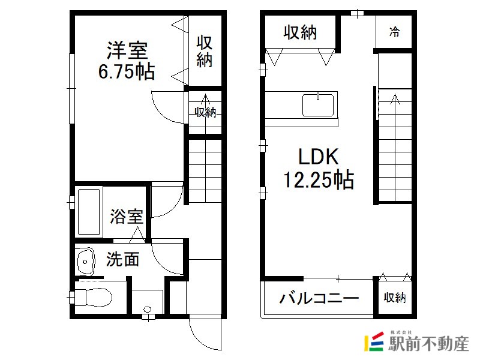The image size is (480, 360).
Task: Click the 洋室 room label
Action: tap(127, 50)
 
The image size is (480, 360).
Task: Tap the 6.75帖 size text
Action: tap(127, 72)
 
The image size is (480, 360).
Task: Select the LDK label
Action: tap(319, 157)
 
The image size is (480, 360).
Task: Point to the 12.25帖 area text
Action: tap(319, 179)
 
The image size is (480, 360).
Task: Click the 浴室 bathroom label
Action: tap(127, 216)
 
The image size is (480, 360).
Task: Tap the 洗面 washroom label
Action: tap(123, 259)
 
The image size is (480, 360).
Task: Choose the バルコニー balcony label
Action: tap(319, 298)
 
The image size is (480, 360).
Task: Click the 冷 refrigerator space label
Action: tap(394, 32)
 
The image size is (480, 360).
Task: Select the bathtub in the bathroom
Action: tap(89, 212)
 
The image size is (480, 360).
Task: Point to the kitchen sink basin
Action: tap(318, 106)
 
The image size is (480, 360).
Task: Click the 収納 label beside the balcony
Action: tap(395, 298)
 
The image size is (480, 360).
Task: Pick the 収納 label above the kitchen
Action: tap(300, 32)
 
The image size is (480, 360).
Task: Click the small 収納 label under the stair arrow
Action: tap(205, 112)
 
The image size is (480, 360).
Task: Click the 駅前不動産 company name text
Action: tap(428, 344)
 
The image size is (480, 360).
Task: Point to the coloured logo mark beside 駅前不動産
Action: tap(374, 341)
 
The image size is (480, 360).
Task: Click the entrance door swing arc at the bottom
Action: tap(203, 337)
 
